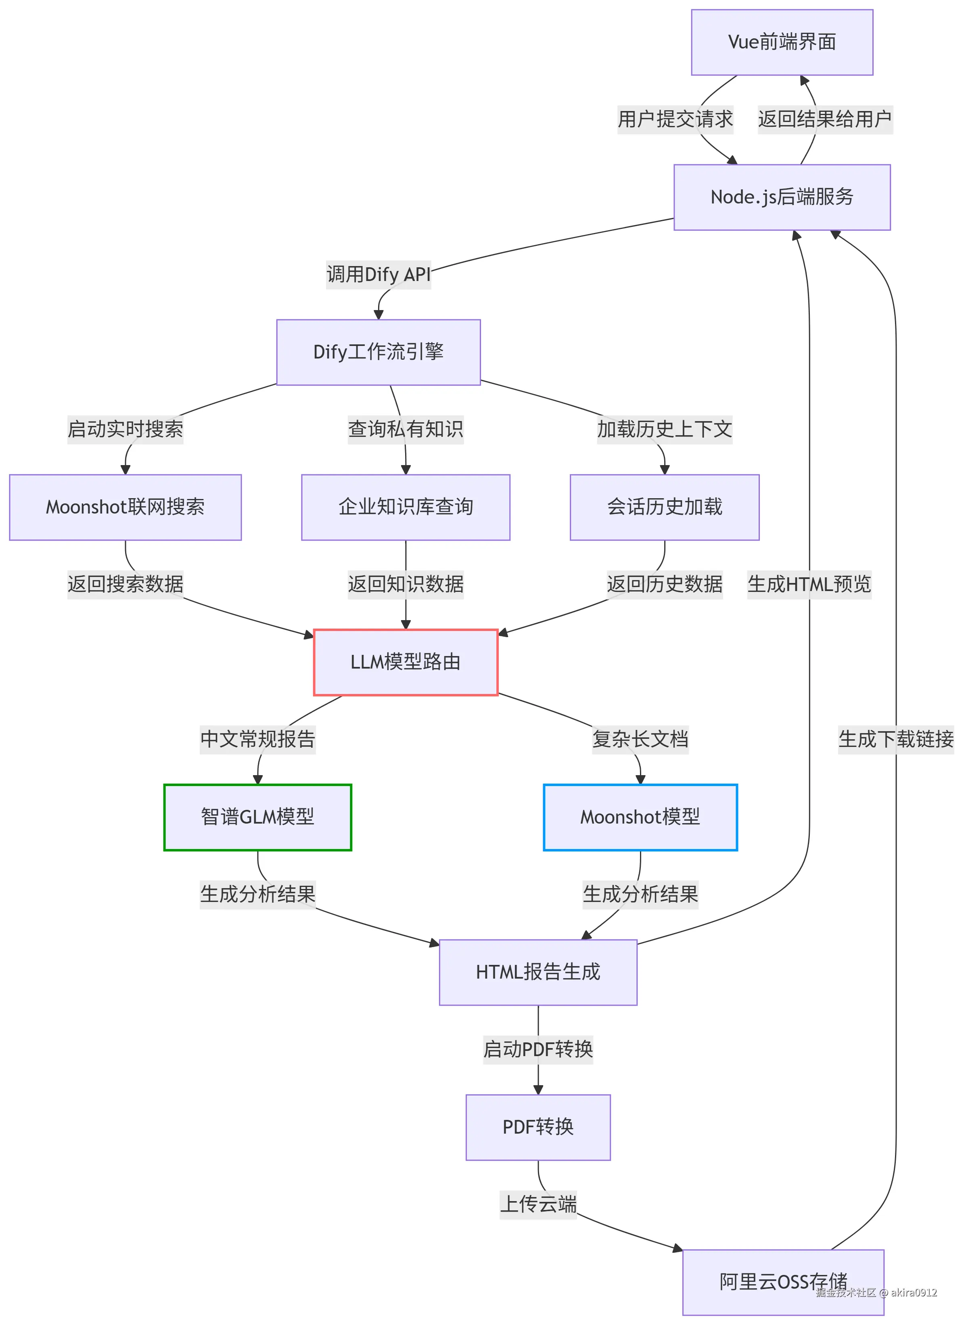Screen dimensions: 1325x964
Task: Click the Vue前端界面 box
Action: pos(782,42)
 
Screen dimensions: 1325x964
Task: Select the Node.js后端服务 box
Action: pos(782,197)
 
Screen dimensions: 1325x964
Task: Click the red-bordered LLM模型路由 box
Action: pos(406,662)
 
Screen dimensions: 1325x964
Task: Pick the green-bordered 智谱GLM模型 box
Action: pos(257,817)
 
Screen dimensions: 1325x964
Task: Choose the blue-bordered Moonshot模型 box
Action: pos(640,817)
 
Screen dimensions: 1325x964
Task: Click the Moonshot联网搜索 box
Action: pos(125,507)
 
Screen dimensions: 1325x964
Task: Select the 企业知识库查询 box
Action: pos(406,507)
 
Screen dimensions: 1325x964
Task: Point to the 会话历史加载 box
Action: pos(665,507)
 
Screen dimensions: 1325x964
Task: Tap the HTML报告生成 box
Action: pos(538,972)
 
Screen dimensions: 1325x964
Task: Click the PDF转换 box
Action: pos(538,1127)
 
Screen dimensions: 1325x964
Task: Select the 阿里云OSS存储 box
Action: pos(783,1282)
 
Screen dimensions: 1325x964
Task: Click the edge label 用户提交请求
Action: pos(675,119)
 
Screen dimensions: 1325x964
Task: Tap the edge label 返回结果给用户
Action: pos(824,119)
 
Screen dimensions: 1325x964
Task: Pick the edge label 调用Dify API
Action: pos(378,275)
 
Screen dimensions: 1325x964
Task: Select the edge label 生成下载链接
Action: pos(896,739)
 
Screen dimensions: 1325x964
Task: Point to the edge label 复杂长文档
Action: pos(640,739)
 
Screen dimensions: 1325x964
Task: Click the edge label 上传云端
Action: pos(538,1204)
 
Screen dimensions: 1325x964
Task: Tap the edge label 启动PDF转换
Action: pos(538,1049)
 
